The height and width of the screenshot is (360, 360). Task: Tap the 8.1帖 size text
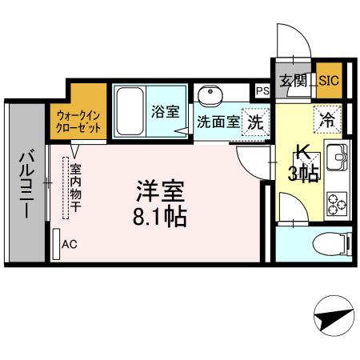(160, 216)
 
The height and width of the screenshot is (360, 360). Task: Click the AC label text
(69, 243)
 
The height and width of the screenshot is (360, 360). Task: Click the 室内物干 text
(75, 188)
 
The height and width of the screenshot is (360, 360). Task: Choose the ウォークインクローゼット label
(78, 120)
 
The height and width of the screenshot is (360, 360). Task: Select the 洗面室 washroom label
(218, 124)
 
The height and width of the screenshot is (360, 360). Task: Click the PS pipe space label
(262, 90)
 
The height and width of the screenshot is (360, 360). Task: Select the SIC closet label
(328, 80)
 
